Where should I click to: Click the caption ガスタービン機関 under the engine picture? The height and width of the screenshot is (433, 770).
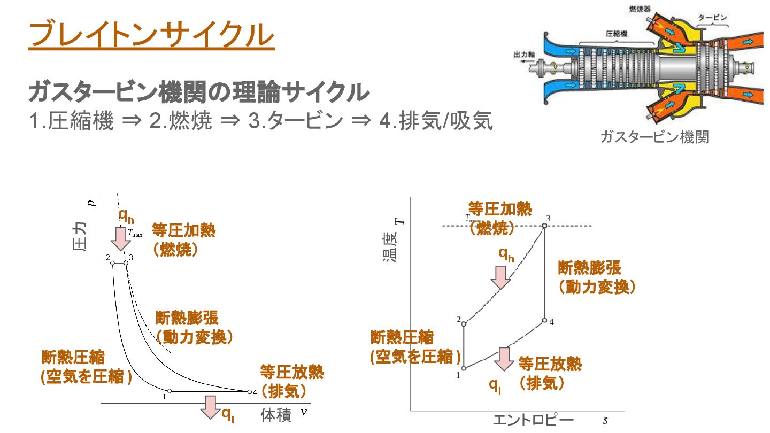[x=654, y=137]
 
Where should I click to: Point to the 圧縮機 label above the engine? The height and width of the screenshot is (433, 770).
[x=616, y=33]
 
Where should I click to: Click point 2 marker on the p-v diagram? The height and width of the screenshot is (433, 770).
[x=113, y=262]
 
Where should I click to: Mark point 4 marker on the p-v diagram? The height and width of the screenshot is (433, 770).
[x=249, y=391]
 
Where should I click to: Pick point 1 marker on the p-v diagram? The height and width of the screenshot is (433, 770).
[x=170, y=391]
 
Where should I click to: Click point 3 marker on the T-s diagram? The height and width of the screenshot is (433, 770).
[x=545, y=226]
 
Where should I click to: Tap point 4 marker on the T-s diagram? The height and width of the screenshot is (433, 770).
[x=544, y=320]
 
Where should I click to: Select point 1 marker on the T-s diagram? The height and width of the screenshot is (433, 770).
[x=464, y=368]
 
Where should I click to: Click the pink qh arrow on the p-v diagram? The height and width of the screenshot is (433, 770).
[x=122, y=238]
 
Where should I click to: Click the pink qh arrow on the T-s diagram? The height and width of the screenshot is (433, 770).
[x=501, y=276]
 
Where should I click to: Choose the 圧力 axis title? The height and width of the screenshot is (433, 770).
[x=79, y=237]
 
